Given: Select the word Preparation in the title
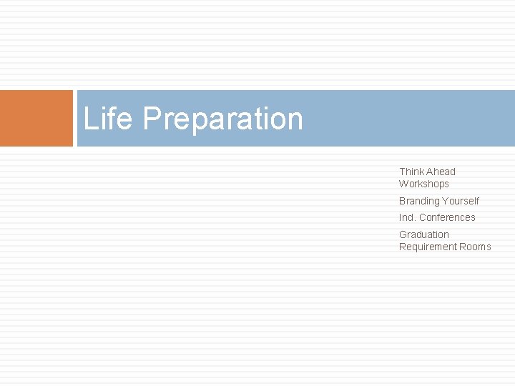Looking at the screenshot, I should [222, 119].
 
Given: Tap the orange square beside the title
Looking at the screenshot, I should [36, 118].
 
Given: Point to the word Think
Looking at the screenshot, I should [411, 172].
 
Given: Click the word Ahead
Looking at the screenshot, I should [441, 172].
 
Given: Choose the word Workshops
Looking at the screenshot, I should [424, 184].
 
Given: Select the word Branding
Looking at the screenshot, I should [418, 201].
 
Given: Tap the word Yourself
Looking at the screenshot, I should [461, 201].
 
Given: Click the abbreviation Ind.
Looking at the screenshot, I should [407, 217].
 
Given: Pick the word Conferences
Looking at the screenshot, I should [447, 217].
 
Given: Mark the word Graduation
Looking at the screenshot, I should [424, 234].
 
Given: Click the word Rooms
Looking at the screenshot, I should [476, 247].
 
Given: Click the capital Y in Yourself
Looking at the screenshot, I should [445, 201].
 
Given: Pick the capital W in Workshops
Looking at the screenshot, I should [403, 184].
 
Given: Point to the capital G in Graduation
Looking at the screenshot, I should [403, 234].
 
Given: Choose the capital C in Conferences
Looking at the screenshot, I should [423, 217].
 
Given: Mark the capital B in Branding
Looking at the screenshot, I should [402, 201].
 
